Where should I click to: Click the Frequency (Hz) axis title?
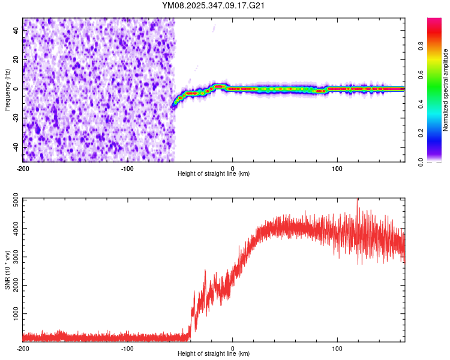pos(7,90)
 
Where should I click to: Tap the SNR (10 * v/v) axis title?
pos(7,269)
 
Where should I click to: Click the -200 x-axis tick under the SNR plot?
pos(23,349)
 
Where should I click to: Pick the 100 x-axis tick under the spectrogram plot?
pos(337,169)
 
